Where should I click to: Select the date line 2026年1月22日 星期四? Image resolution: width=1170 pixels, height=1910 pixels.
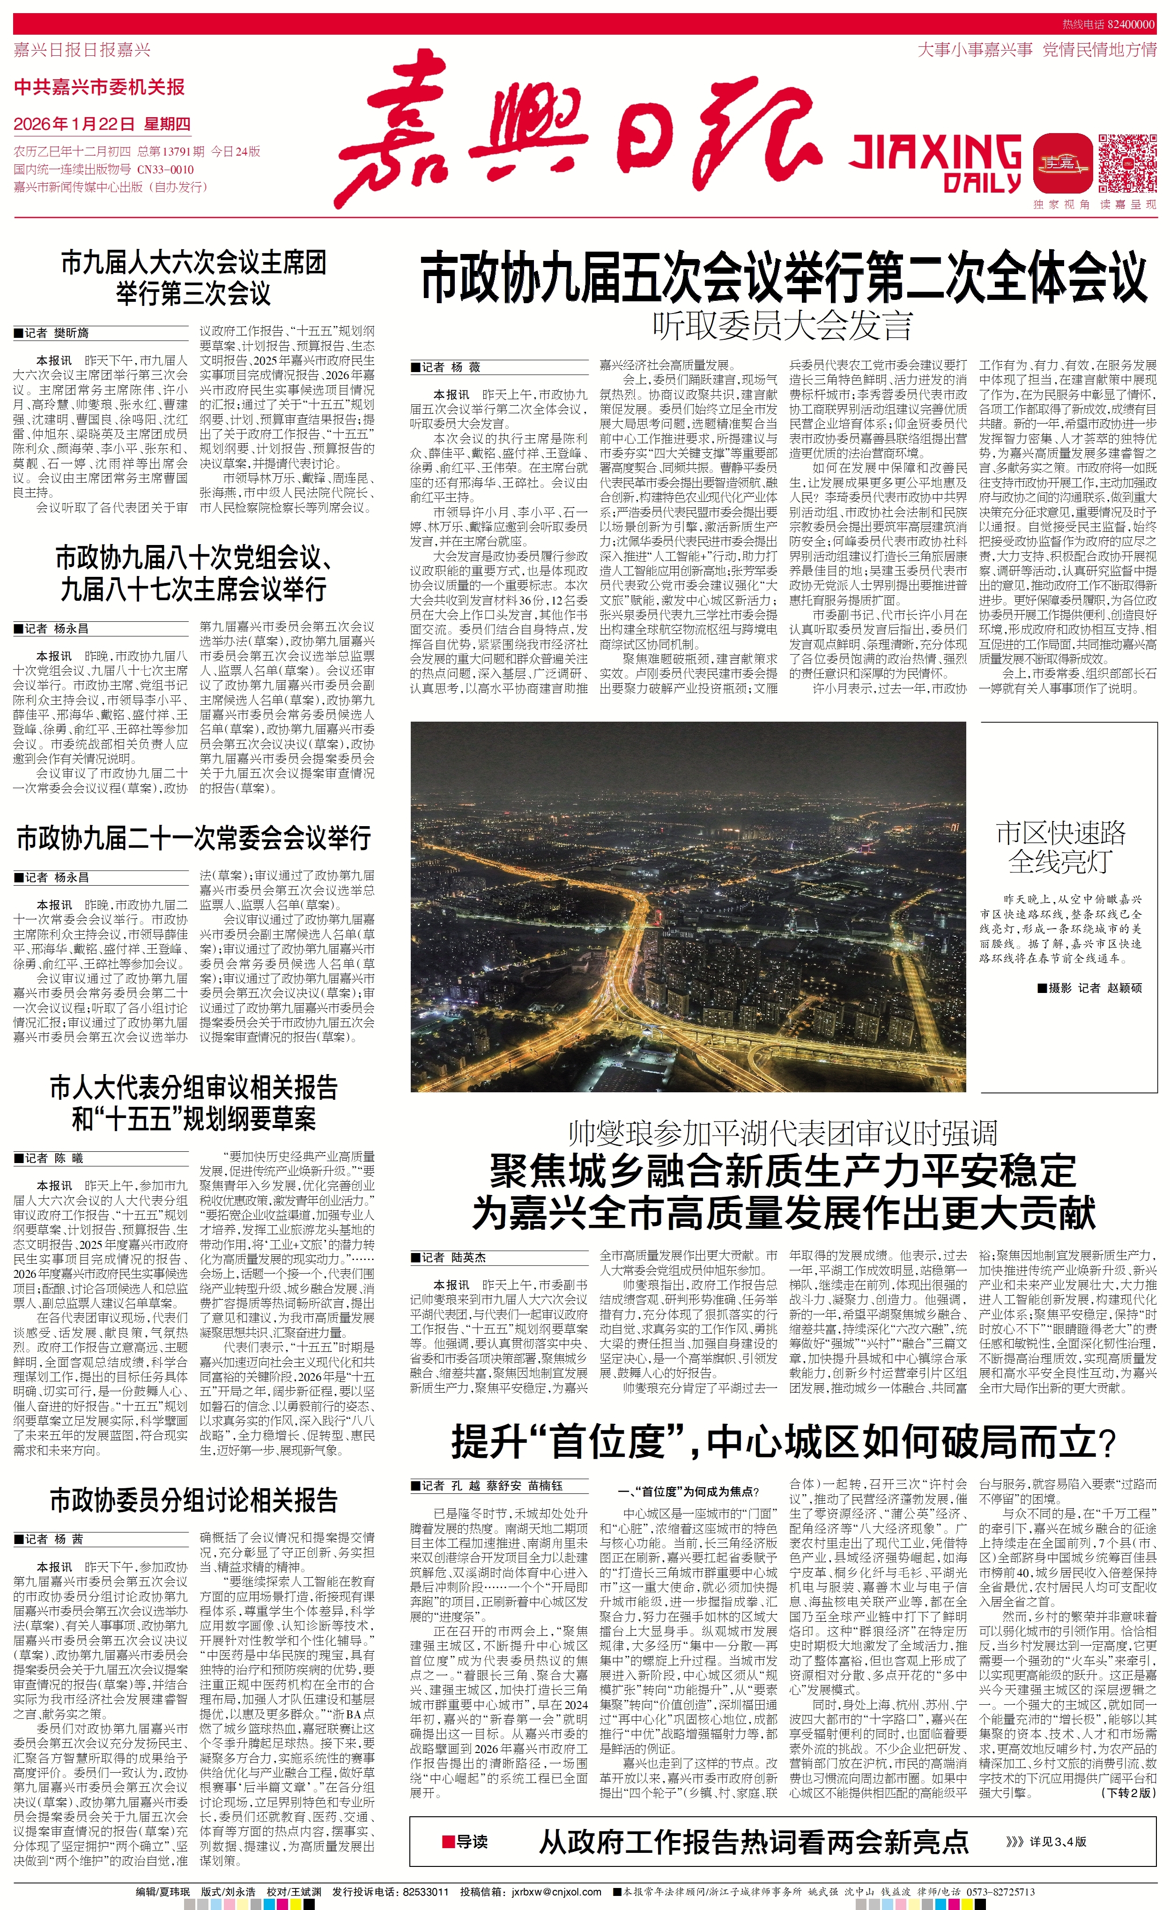(102, 124)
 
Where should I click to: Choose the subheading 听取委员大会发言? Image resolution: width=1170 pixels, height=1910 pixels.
(783, 326)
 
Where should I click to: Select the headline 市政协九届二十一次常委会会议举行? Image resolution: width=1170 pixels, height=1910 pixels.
(194, 838)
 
